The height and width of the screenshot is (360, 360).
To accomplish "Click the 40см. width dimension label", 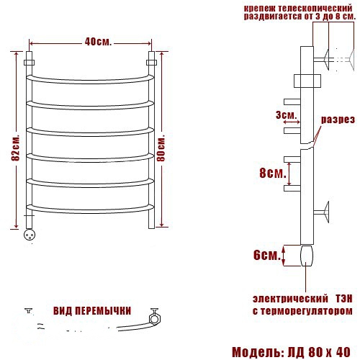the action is pyautogui.click(x=98, y=42).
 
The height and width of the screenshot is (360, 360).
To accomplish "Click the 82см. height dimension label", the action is pyautogui.click(x=15, y=149).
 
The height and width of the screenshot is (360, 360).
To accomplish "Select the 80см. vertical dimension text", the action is pyautogui.click(x=161, y=148).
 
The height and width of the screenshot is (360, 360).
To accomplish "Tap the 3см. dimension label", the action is pyautogui.click(x=287, y=115).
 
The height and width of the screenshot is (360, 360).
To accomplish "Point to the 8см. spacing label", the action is pyautogui.click(x=273, y=173).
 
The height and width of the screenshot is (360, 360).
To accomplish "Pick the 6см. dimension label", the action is pyautogui.click(x=267, y=255).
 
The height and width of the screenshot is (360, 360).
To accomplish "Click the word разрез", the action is pyautogui.click(x=338, y=120).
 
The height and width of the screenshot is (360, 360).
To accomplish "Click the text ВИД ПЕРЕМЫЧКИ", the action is pyautogui.click(x=92, y=311).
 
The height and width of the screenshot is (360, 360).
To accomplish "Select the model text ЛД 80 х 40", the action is pyautogui.click(x=319, y=352).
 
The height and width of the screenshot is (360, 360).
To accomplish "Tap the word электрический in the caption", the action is pyautogui.click(x=290, y=299).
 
